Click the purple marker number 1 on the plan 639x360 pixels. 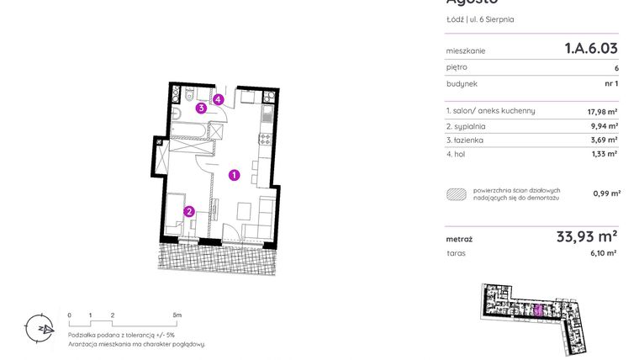click(235, 175)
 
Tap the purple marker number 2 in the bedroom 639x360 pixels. click(189, 212)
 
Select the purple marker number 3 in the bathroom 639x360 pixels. click(201, 108)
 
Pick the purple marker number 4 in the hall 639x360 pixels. click(218, 99)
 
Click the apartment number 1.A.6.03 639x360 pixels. click(591, 50)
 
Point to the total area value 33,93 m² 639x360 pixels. click(587, 237)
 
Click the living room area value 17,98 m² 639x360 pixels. click(602, 111)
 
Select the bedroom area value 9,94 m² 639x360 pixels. click(604, 126)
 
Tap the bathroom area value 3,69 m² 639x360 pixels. click(604, 140)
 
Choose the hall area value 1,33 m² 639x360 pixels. click(605, 154)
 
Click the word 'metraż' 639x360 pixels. click(459, 240)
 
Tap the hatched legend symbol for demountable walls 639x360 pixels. click(457, 193)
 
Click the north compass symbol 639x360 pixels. click(39, 326)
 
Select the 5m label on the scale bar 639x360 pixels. click(177, 315)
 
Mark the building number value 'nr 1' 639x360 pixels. click(611, 84)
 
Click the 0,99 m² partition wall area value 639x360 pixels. click(606, 193)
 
